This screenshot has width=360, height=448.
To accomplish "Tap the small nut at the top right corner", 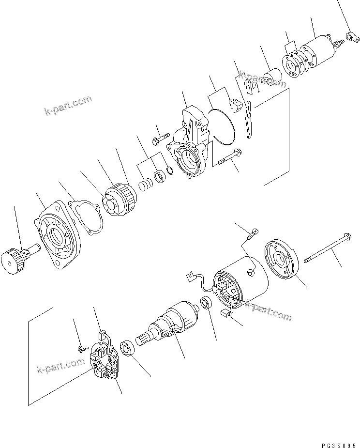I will coord(351,35).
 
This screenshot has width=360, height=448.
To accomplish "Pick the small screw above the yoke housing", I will coord(252,235).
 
